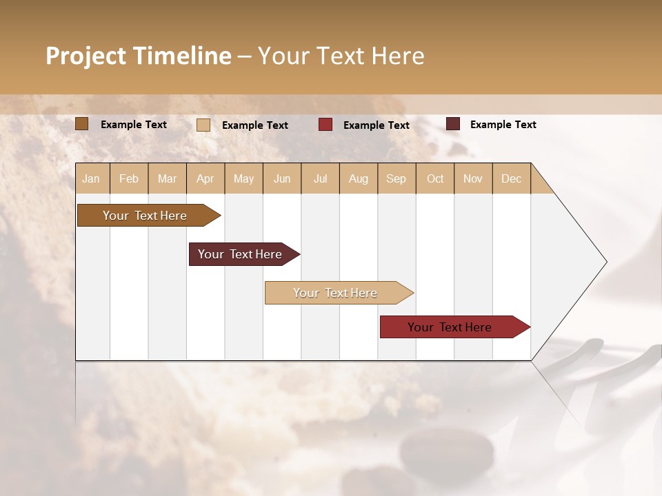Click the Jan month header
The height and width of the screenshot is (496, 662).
[91, 178]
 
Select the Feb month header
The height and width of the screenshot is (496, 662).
[129, 178]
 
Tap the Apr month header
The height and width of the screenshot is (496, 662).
[205, 178]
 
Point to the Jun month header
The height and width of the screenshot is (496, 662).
[282, 178]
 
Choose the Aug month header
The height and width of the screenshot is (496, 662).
[359, 178]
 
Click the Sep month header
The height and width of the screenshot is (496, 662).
[396, 178]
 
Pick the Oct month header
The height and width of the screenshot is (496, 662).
[435, 178]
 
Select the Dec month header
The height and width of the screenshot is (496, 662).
[511, 178]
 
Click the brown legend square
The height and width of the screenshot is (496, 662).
[82, 124]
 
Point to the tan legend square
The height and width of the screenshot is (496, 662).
[203, 125]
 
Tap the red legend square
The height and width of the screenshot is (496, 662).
[325, 125]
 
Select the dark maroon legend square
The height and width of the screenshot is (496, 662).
[453, 124]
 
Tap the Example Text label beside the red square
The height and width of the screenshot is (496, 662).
[377, 125]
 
